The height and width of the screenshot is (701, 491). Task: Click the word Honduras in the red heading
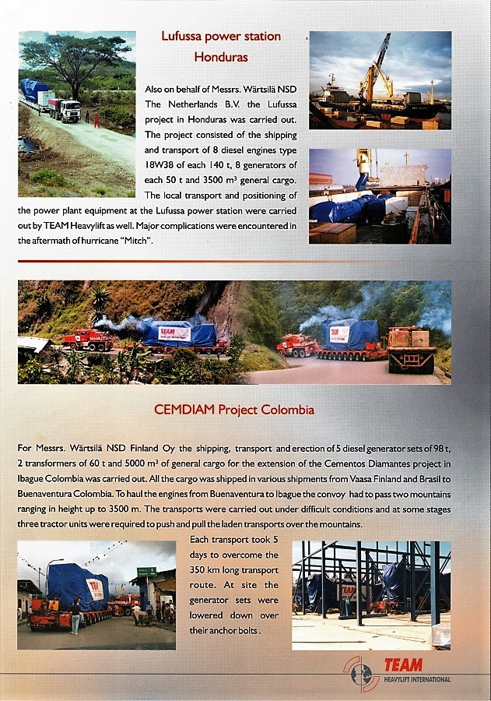pos(220,57)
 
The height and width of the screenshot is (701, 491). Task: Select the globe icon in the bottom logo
pos(360,674)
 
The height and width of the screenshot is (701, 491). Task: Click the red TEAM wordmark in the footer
pos(402,665)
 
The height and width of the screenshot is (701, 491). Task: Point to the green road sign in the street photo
pos(146,572)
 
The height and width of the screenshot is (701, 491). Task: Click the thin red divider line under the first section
pos(233,261)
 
